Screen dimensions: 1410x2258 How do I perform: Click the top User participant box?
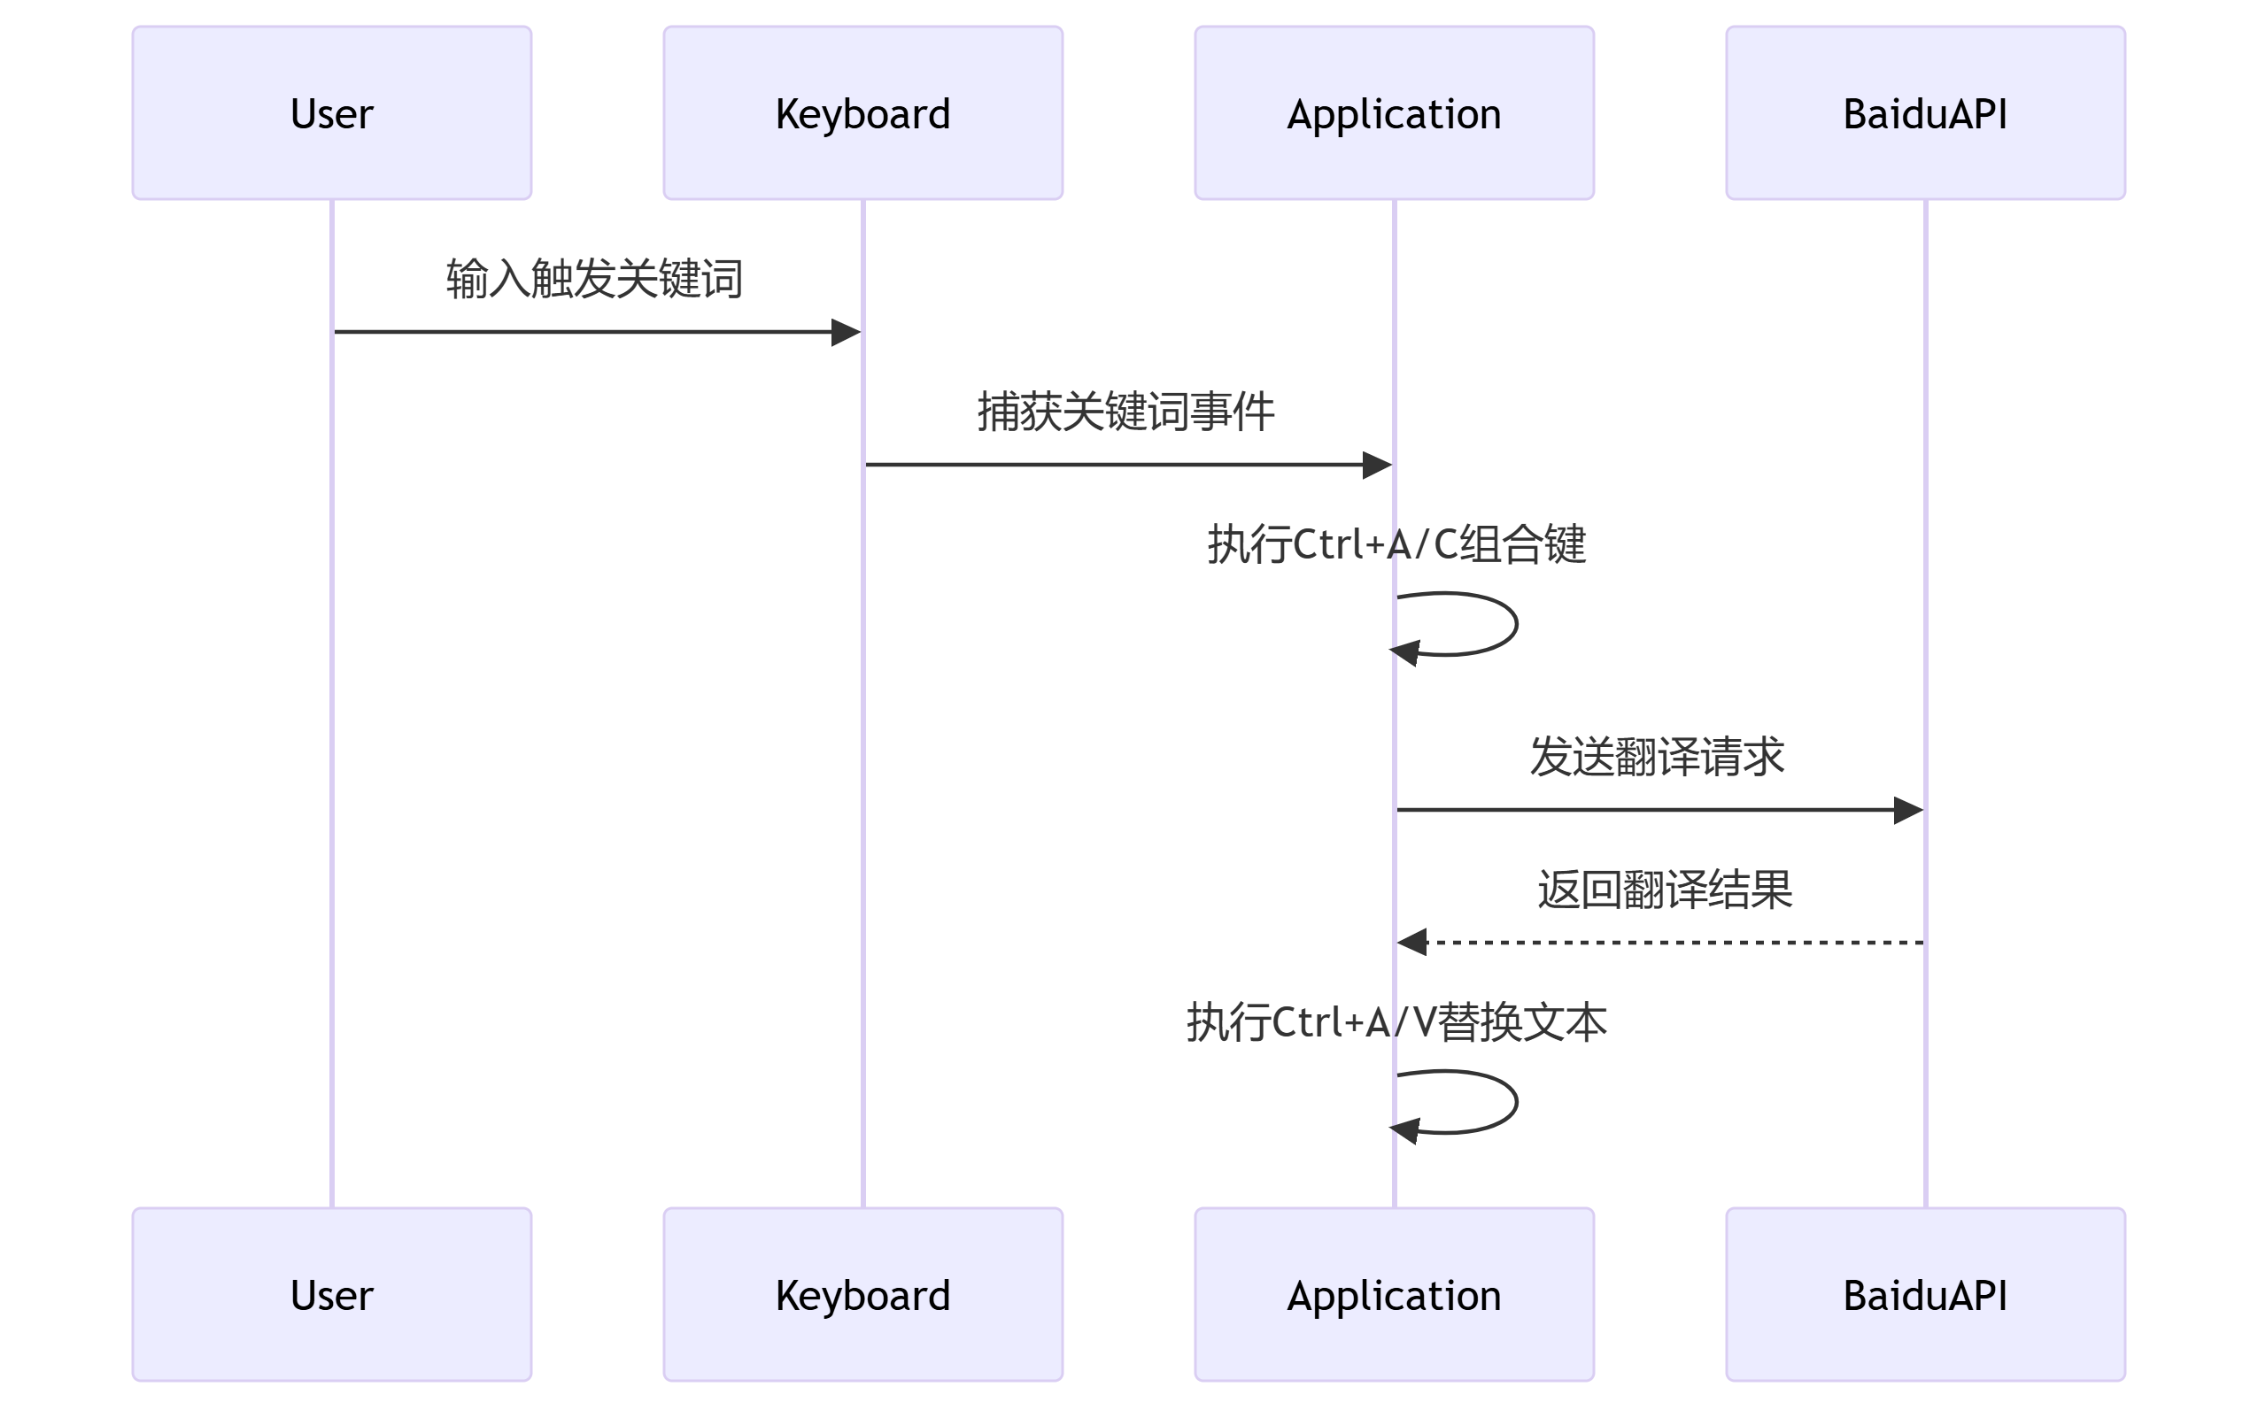coord(331,112)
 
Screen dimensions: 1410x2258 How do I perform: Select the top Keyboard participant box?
coord(862,112)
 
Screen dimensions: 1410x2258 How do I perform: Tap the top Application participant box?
coord(1395,112)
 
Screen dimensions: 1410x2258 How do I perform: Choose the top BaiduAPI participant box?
coord(1925,112)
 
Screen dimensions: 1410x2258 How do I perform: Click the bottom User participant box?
coord(331,1294)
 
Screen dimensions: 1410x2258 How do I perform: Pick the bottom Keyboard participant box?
coord(862,1294)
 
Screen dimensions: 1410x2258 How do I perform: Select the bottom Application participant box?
coord(1395,1294)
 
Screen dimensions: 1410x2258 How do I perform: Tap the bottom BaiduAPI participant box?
coord(1925,1294)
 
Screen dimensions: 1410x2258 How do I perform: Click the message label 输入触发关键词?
coord(594,279)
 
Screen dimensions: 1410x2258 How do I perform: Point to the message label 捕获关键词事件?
coord(1125,412)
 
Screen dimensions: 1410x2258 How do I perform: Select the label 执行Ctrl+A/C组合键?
coord(1396,543)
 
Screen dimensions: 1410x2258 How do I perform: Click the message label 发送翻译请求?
coord(1657,756)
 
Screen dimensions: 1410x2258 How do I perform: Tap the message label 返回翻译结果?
coord(1664,890)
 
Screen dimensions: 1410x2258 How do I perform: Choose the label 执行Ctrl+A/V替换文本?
coord(1396,1022)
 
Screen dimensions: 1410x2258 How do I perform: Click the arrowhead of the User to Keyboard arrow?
coord(846,332)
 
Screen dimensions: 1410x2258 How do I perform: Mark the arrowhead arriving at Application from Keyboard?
coord(1378,465)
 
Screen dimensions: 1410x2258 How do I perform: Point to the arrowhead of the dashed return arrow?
coord(1412,943)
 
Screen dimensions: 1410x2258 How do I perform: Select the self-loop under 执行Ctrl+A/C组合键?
coord(1515,624)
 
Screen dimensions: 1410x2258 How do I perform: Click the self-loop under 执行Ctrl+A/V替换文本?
coord(1515,1102)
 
